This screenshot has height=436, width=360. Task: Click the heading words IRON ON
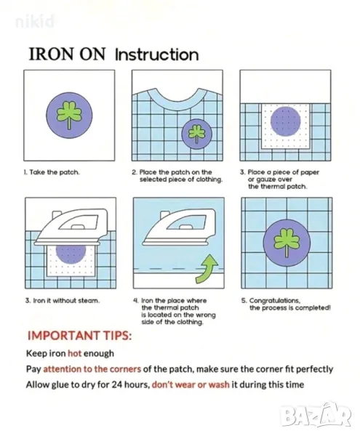67,54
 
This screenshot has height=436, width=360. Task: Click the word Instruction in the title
157,54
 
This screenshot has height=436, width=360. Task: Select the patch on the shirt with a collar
196,134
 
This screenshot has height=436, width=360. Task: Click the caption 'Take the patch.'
52,172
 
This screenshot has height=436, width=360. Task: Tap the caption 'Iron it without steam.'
63,301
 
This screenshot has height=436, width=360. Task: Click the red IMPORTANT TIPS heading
79,335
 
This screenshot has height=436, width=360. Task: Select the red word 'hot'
75,353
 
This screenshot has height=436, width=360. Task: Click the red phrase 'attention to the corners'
92,369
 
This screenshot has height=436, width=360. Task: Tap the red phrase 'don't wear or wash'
191,384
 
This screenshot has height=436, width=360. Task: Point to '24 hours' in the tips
130,384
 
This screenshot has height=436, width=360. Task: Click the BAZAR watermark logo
315,415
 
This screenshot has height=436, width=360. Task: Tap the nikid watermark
34,22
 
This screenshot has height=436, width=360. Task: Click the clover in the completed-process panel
286,241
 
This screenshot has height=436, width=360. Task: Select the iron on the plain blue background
180,227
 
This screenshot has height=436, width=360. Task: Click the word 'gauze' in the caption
260,179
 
